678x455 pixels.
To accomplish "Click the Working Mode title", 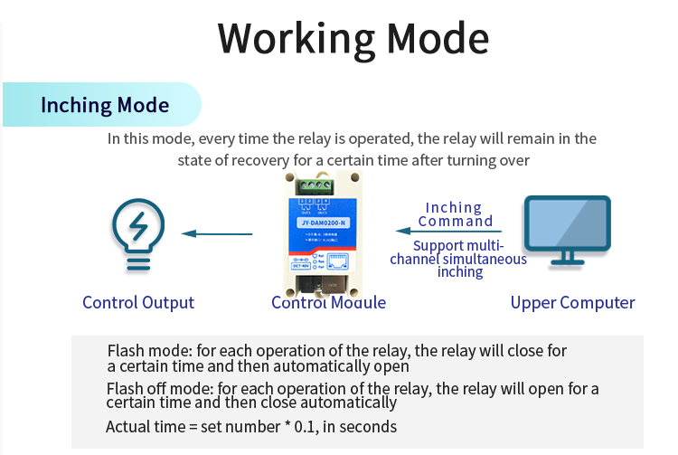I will (x=353, y=39).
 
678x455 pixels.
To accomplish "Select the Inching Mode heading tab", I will (x=104, y=105).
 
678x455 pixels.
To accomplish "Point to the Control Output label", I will (x=138, y=303).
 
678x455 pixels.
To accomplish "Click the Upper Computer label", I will (x=572, y=303).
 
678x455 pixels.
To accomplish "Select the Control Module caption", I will (x=328, y=303).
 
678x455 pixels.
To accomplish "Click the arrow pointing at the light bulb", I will (x=217, y=234).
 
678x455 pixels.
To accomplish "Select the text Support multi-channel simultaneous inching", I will (x=458, y=259).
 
